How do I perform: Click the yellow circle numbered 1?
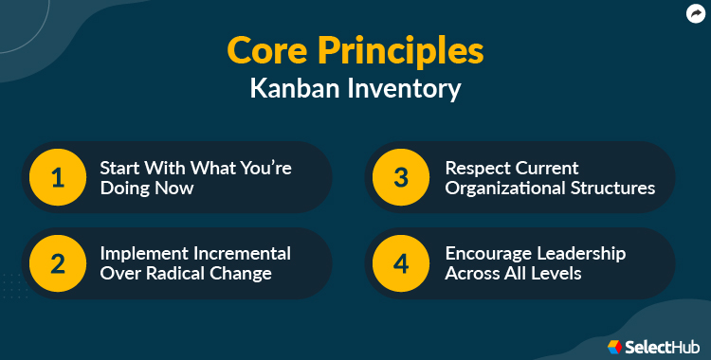pyautogui.click(x=58, y=177)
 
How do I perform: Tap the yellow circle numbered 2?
pyautogui.click(x=58, y=263)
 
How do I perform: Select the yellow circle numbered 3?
pyautogui.click(x=403, y=177)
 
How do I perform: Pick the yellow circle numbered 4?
pyautogui.click(x=403, y=263)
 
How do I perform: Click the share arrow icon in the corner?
pyautogui.click(x=695, y=13)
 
